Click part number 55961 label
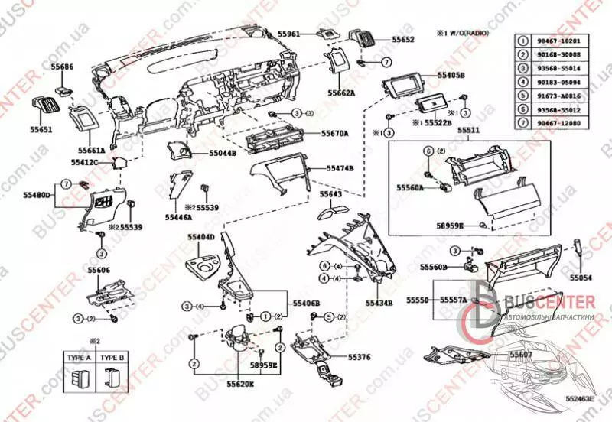pyautogui.click(x=288, y=34)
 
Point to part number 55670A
pyautogui.click(x=334, y=133)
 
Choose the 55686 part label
pyautogui.click(x=63, y=67)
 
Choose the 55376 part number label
pyautogui.click(x=338, y=357)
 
